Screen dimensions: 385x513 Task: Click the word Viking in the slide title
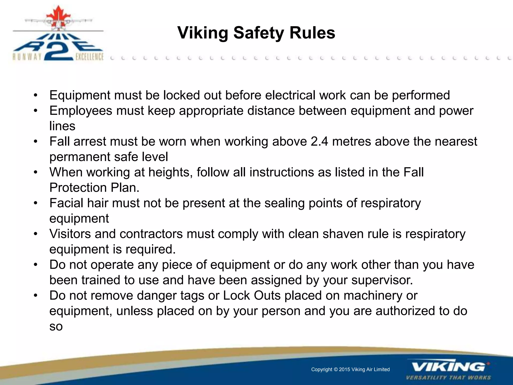203,33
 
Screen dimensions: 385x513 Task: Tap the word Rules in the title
312,33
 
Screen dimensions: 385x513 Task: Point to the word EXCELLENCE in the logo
89,57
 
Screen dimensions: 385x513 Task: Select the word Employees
81,111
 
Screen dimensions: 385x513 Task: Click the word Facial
66,203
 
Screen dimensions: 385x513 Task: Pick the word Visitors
70,234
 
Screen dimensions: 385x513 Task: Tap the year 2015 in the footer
344,369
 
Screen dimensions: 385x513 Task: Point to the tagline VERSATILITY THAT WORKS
448,377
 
